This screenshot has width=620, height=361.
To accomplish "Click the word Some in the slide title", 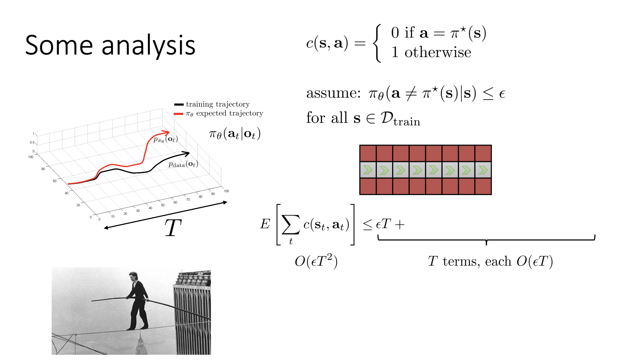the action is point(59,45).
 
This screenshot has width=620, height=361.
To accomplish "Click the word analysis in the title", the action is point(148,46).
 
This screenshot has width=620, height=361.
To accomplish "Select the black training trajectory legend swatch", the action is point(179,105).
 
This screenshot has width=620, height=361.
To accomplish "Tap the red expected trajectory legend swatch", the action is point(179,114).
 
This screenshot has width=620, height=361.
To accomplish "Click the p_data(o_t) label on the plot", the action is point(183,164).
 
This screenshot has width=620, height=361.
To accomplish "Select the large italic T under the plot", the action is point(173,227).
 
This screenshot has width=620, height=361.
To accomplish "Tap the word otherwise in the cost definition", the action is point(438,52).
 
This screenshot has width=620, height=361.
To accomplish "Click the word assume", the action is point(333,93).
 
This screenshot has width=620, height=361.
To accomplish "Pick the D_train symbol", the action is point(400,119).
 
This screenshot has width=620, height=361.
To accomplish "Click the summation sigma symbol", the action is point(291,224).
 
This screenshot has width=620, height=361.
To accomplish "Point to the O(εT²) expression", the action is point(316,261).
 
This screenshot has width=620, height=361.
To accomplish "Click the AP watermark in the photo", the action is point(200,274).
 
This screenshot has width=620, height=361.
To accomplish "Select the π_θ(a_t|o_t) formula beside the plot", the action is point(235,134).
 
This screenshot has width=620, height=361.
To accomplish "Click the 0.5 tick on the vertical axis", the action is point(32,142).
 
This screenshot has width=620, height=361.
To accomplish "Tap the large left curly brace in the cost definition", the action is point(377,43).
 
